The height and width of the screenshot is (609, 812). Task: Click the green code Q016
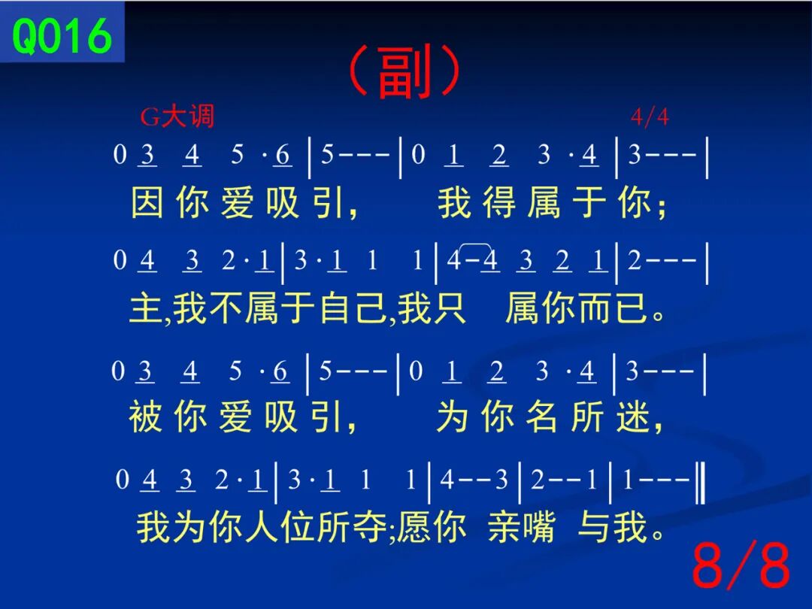tap(62, 35)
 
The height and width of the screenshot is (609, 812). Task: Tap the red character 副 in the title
tap(404, 72)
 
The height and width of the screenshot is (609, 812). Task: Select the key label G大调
tap(177, 116)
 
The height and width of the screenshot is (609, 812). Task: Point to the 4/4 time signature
tap(650, 117)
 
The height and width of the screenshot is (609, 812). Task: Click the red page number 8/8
tap(741, 565)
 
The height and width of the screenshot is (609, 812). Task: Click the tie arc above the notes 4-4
tap(475, 244)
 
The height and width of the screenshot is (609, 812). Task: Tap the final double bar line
tap(700, 483)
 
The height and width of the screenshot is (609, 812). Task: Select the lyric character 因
tap(147, 202)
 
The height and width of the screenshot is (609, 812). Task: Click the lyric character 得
tap(500, 202)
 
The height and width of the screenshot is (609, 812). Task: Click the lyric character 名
tap(542, 417)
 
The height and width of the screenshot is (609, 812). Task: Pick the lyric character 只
tap(449, 308)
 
